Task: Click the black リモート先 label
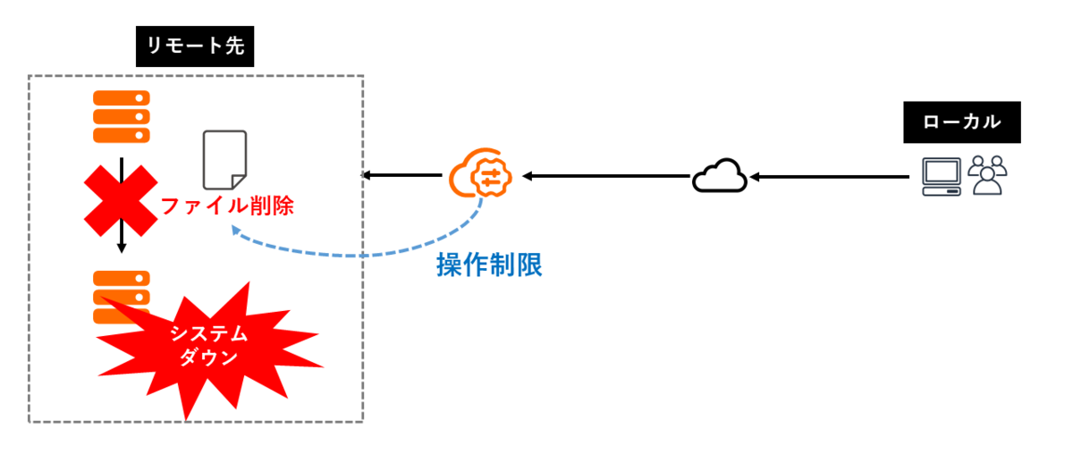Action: pyautogui.click(x=195, y=46)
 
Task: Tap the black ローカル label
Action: pyautogui.click(x=961, y=122)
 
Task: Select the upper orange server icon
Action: pyautogui.click(x=122, y=116)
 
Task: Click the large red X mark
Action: pyautogui.click(x=121, y=198)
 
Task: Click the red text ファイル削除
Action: pyautogui.click(x=226, y=206)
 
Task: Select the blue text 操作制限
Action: pyautogui.click(x=489, y=265)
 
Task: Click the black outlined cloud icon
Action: pyautogui.click(x=720, y=176)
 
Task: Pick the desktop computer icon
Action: pyautogui.click(x=941, y=177)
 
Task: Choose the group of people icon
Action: pyautogui.click(x=987, y=175)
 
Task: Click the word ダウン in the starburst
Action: pyautogui.click(x=207, y=357)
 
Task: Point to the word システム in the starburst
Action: pyautogui.click(x=207, y=334)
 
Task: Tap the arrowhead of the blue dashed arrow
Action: pyautogui.click(x=234, y=231)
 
